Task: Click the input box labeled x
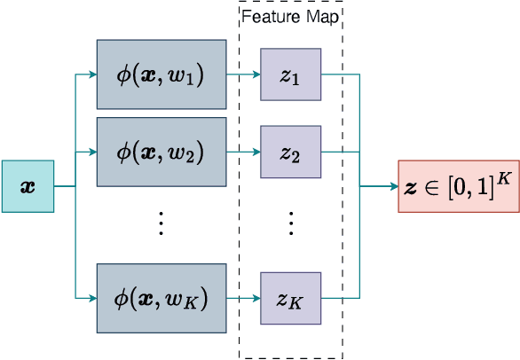(29, 186)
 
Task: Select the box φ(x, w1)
(161, 75)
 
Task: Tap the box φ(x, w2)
(161, 151)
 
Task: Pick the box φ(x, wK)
(161, 298)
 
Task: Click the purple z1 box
(290, 75)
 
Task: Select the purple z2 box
(290, 151)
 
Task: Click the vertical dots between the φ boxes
(161, 223)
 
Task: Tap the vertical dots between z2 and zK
(290, 223)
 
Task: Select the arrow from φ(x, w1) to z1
(242, 75)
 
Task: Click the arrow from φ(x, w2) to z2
(242, 151)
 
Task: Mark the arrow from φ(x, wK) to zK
(242, 298)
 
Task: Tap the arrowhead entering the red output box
(393, 186)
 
